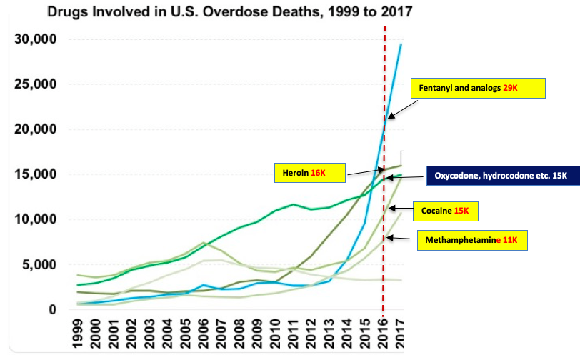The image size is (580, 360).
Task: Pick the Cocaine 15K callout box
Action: (x=446, y=211)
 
